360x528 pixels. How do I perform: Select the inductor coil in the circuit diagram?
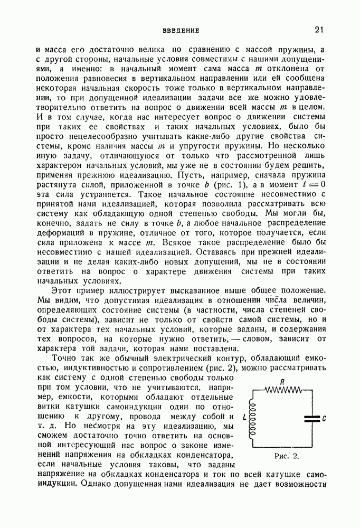(x=252, y=417)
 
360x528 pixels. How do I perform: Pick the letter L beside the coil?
(x=243, y=417)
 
